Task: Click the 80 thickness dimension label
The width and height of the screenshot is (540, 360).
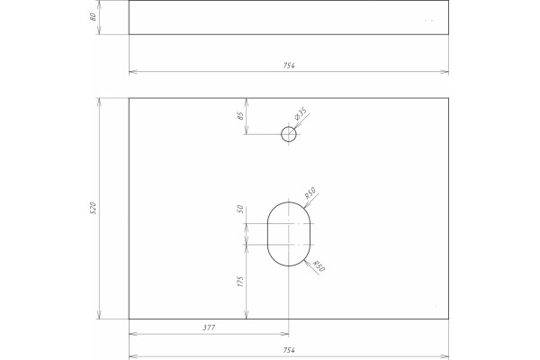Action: point(93,17)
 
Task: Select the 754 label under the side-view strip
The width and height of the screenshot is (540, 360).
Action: point(289,66)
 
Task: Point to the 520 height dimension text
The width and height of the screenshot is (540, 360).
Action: point(93,209)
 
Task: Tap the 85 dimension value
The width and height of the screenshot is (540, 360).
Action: point(240,115)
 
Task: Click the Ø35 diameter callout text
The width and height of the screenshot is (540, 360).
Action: point(301,113)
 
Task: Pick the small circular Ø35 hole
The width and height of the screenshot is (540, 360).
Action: point(289,134)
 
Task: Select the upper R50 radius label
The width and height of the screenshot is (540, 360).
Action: point(310,193)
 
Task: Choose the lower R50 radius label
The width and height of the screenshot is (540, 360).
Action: point(319,266)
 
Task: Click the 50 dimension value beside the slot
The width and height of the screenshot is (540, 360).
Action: point(240,209)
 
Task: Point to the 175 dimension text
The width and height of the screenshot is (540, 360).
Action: point(240,281)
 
